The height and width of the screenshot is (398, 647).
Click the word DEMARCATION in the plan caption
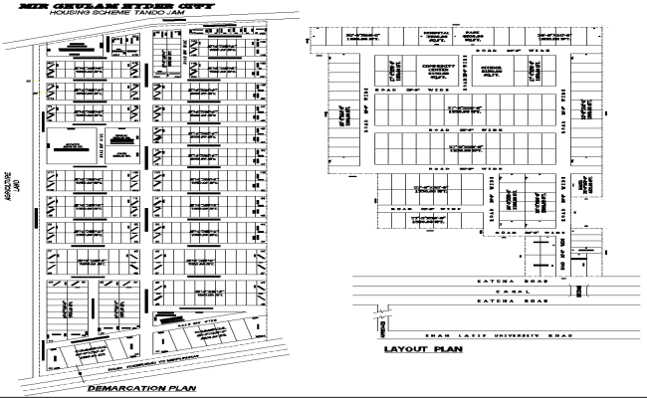pyautogui.click(x=124, y=387)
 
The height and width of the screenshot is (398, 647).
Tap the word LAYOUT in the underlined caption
pyautogui.click(x=400, y=351)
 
